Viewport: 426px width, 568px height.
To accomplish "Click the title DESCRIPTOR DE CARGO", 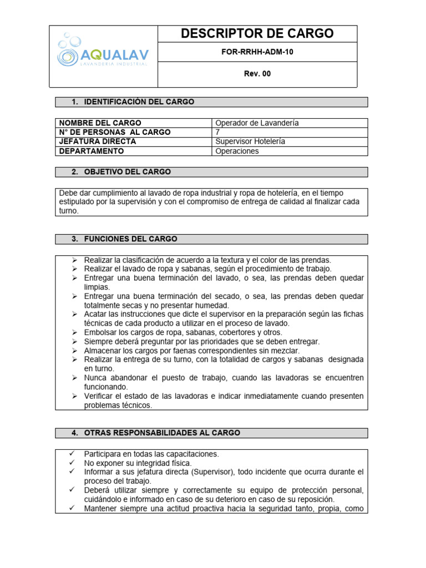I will coord(257,34).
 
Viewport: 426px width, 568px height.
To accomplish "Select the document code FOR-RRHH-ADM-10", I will coord(257,52).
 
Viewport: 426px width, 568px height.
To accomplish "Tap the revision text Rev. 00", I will coord(257,74).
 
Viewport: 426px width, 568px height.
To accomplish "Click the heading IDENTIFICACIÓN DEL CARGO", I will coord(139,102).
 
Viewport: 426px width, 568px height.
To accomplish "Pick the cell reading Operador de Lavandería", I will coord(257,123).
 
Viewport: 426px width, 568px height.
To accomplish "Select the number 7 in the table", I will coord(217,133).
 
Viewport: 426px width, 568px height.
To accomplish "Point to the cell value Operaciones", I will coord(237,151).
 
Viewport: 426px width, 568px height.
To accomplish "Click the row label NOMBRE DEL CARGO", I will coord(100,123).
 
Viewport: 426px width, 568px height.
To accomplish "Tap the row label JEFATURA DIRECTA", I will coord(98,141).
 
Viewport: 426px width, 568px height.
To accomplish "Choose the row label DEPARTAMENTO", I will coord(92,151).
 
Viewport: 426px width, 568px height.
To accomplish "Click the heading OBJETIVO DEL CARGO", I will coord(127,172).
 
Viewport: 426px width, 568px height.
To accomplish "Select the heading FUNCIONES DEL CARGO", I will coord(130,239).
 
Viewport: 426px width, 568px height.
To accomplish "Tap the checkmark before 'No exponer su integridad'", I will coord(72,463).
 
